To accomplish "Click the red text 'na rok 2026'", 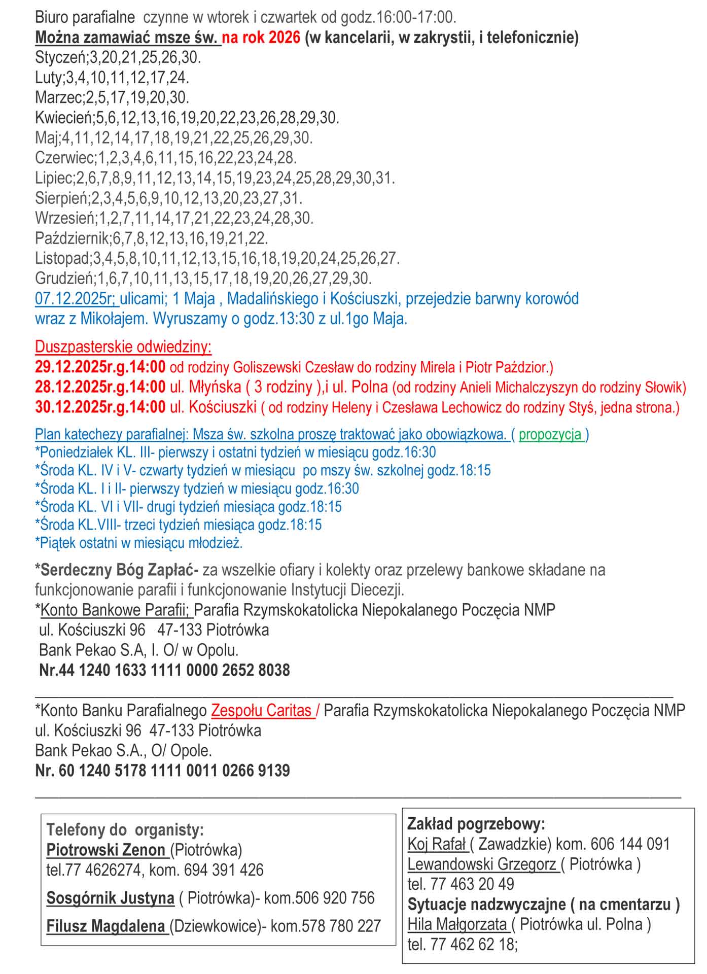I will pyautogui.click(x=261, y=38).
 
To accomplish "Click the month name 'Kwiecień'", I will pyautogui.click(x=63, y=118).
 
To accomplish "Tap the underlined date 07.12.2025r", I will pyautogui.click(x=76, y=299).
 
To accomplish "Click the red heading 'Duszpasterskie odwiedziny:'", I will pyautogui.click(x=123, y=347).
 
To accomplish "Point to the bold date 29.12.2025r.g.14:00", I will pyautogui.click(x=100, y=367).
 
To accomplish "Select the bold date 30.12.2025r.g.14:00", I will pyautogui.click(x=100, y=407).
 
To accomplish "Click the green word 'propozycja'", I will pyautogui.click(x=550, y=435).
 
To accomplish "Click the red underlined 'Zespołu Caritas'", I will pyautogui.click(x=262, y=710).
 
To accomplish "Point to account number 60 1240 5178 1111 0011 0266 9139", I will pyautogui.click(x=174, y=771).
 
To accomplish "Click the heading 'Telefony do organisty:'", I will pyautogui.click(x=125, y=830).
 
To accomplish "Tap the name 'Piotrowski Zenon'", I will pyautogui.click(x=106, y=850).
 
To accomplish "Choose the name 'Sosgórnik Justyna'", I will pyautogui.click(x=110, y=898).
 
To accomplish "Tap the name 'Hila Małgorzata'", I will pyautogui.click(x=457, y=925).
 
